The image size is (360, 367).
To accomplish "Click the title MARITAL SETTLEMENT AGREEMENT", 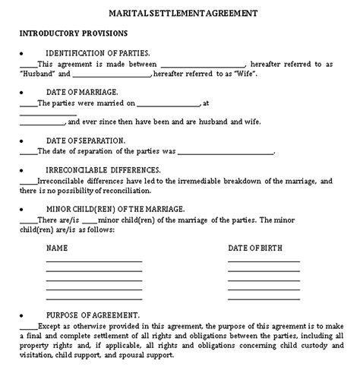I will tap(179, 13).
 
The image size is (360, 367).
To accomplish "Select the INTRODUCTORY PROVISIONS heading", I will tap(73, 34).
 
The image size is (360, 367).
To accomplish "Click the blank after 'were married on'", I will tap(169, 103).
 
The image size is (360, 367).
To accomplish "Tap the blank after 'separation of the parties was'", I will tap(228, 152).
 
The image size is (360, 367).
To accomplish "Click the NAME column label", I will tap(58, 248).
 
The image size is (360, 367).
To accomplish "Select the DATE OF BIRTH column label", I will tap(259, 248).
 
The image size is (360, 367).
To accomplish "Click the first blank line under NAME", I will tap(93, 261).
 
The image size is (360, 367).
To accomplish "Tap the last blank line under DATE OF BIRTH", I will tap(264, 297).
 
